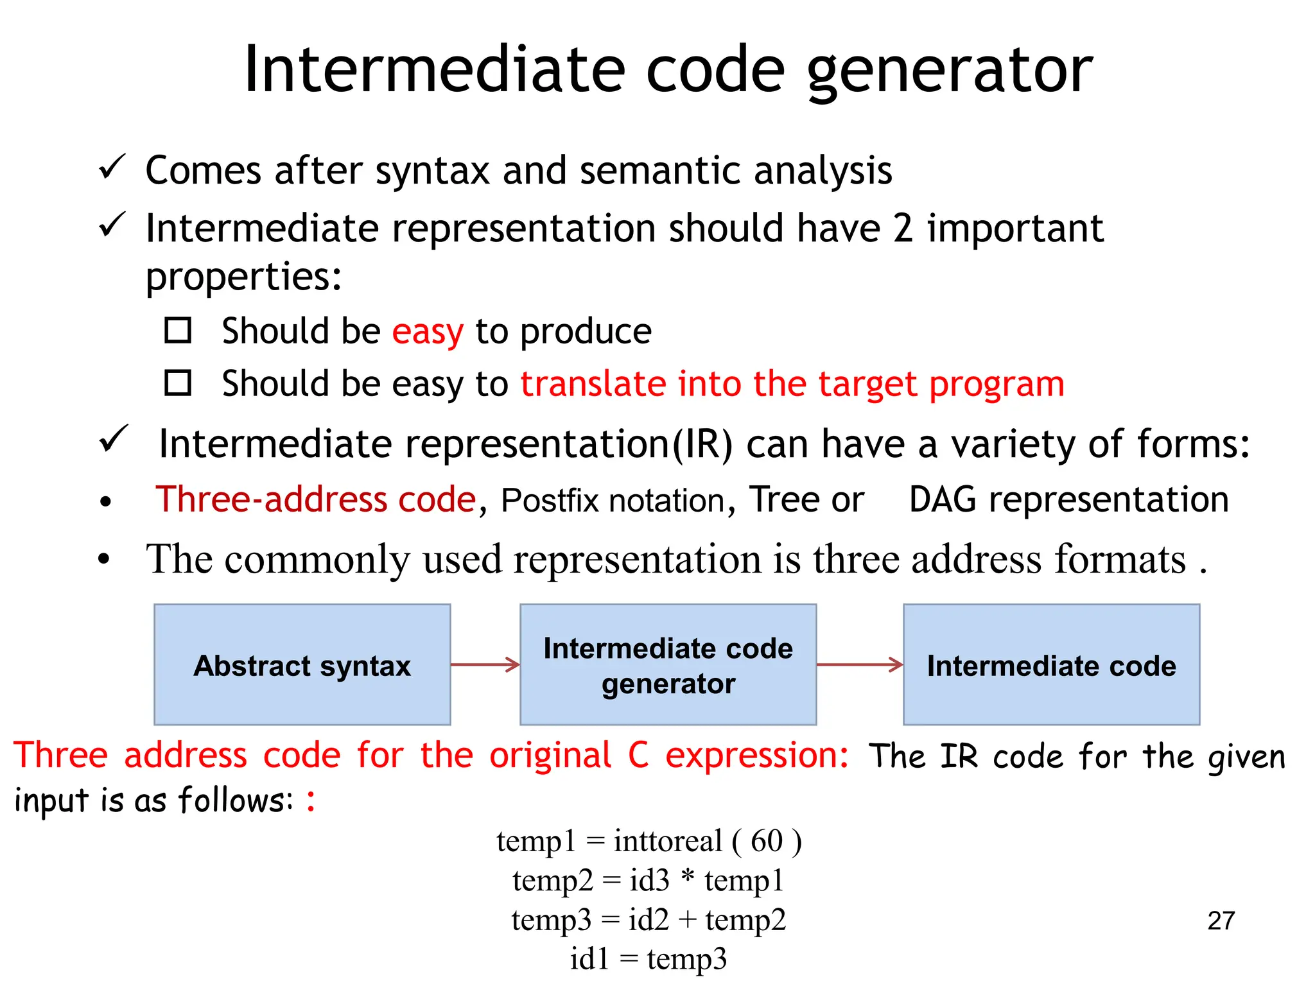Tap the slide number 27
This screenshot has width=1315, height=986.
click(x=1221, y=921)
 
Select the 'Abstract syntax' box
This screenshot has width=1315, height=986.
click(x=302, y=665)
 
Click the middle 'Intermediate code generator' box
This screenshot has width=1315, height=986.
click(x=668, y=665)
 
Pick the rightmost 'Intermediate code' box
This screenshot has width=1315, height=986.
click(x=1051, y=665)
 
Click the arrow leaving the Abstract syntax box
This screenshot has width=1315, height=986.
click(x=485, y=664)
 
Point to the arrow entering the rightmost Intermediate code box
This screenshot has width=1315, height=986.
click(x=860, y=664)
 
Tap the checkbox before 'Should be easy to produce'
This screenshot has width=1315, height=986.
click(x=178, y=331)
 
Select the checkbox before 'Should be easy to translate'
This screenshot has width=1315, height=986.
click(x=178, y=383)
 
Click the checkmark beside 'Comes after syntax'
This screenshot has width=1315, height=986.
click(x=112, y=168)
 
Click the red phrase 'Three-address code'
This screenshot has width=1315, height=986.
click(x=315, y=499)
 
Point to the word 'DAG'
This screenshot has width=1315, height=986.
click(x=942, y=499)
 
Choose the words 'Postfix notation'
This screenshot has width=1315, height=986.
click(x=613, y=501)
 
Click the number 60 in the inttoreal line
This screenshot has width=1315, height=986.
click(x=767, y=841)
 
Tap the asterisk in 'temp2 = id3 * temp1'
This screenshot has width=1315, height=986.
click(x=687, y=877)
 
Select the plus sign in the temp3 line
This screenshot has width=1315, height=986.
click(x=687, y=920)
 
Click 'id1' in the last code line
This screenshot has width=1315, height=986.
click(x=589, y=959)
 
